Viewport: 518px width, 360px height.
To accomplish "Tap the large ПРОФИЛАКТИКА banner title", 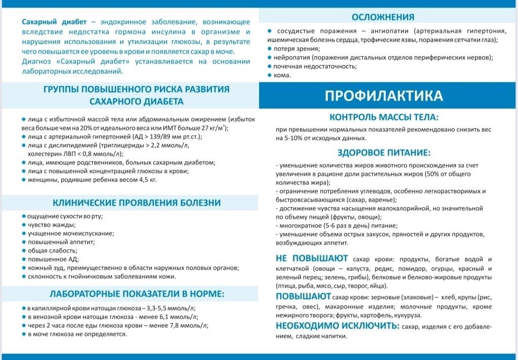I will click(384, 95).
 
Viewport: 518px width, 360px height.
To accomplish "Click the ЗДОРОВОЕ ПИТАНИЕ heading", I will click(384, 152).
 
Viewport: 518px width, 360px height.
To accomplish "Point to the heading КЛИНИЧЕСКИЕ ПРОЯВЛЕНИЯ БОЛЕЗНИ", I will click(137, 203).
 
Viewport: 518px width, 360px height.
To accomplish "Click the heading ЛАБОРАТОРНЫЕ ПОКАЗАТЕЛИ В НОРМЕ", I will click(137, 294).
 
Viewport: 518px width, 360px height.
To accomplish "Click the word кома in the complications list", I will click(282, 75).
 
